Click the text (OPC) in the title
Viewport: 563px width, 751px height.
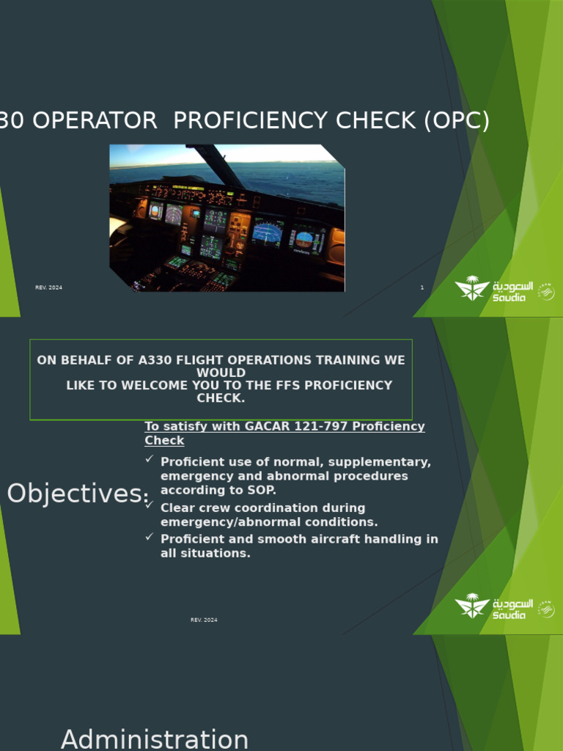tap(456, 121)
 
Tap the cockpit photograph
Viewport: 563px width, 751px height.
tap(227, 218)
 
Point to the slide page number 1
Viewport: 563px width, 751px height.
tap(422, 287)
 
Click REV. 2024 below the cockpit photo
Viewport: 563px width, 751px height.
tap(48, 287)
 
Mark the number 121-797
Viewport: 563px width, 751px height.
tap(295, 427)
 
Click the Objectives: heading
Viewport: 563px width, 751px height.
tap(77, 494)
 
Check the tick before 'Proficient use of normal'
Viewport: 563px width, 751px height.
tap(150, 459)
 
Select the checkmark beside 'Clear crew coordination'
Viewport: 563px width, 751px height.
tap(150, 505)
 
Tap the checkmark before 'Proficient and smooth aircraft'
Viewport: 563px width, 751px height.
tap(150, 536)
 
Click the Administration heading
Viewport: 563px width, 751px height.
tap(155, 739)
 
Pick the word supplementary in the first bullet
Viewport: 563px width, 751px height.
tap(387, 462)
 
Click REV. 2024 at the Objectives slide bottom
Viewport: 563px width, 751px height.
tap(204, 620)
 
